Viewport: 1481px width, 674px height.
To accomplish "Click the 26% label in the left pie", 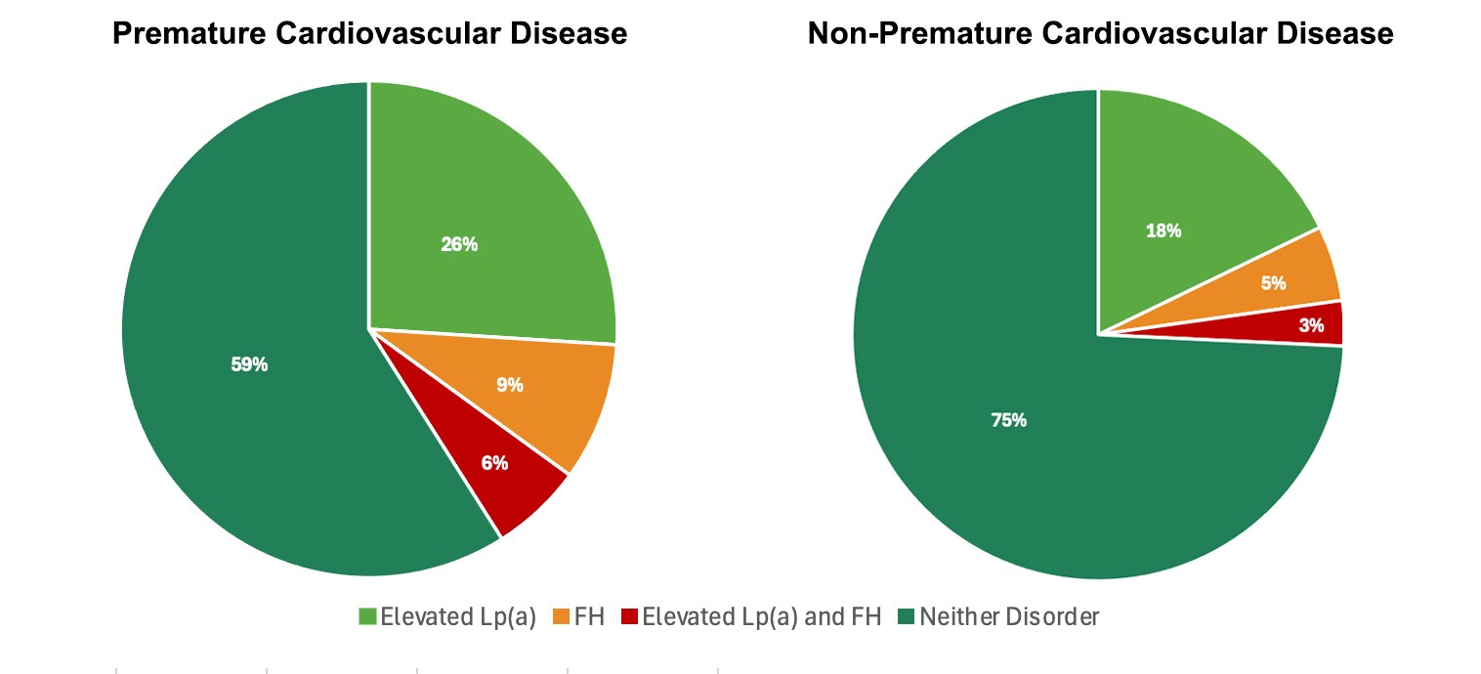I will (x=459, y=244).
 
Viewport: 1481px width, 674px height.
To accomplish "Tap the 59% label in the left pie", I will (x=248, y=364).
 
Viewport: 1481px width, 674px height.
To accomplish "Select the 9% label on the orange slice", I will (x=509, y=385).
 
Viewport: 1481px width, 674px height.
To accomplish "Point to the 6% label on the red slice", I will (x=494, y=463).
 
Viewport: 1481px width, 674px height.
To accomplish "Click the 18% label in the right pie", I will (x=1164, y=231).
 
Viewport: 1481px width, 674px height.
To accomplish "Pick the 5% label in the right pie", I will (x=1273, y=283).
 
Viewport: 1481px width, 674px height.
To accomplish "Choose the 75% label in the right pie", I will (x=1008, y=420).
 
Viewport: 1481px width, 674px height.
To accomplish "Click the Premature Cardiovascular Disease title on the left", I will (x=369, y=34).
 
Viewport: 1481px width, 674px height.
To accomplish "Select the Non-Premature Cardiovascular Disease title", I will (x=1100, y=34).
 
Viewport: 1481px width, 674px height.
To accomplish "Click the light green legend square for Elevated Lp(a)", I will (x=367, y=617).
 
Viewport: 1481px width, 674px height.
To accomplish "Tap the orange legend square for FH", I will (x=563, y=617).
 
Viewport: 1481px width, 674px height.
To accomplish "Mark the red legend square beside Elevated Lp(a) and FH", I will (x=630, y=617).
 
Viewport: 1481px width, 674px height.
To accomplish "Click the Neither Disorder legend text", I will (x=1009, y=617).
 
